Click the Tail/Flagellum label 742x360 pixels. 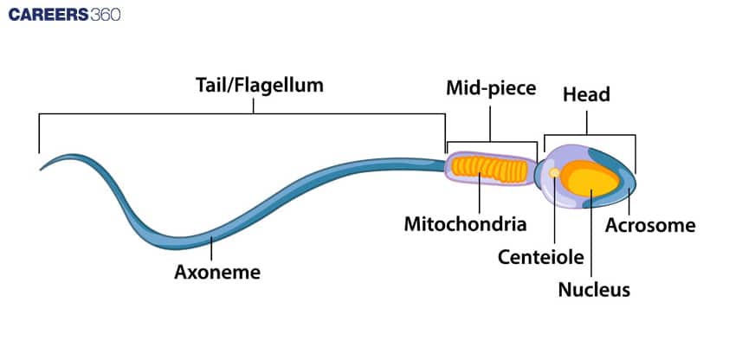coord(258,85)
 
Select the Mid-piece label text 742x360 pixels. coord(491,87)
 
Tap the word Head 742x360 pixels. coord(586,94)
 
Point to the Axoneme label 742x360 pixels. coord(217,272)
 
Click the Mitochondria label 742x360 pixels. coord(466,224)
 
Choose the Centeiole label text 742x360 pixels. coord(541,257)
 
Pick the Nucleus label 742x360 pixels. coord(594,290)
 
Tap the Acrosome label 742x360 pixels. coord(649,226)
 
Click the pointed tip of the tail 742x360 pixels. coord(42,168)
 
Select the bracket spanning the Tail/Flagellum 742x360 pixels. coord(242,113)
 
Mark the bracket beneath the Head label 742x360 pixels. coord(589,134)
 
